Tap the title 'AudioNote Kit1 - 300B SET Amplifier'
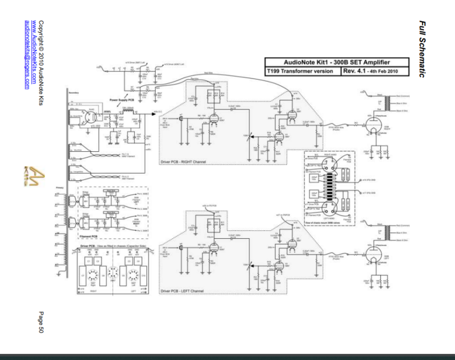tap(336, 63)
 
